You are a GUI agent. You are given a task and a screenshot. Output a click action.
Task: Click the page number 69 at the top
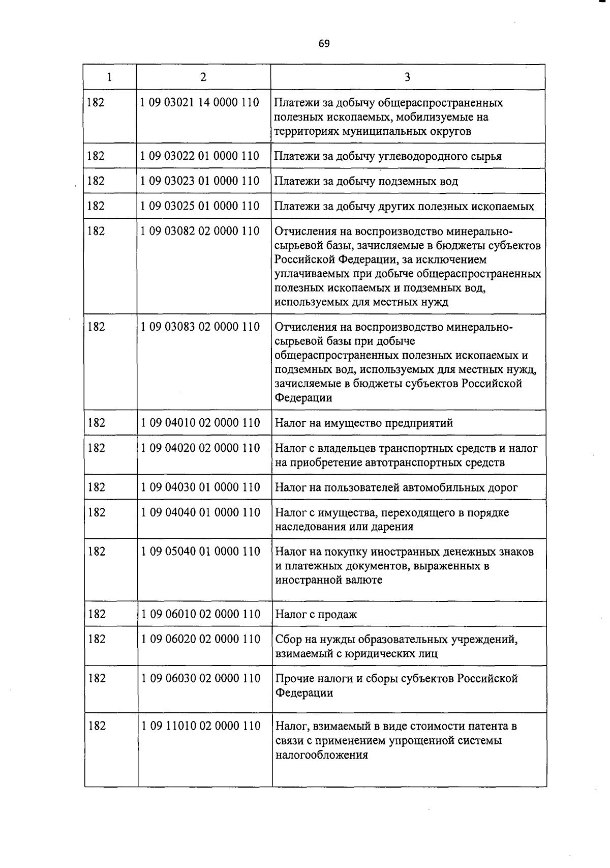(x=324, y=44)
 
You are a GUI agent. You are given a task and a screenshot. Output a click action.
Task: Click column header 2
(x=203, y=77)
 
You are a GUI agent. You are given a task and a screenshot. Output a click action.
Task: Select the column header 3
(x=407, y=77)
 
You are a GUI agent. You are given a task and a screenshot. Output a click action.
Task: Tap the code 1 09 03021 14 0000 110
(x=200, y=102)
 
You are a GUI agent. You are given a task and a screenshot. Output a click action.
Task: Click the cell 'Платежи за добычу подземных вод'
(x=366, y=181)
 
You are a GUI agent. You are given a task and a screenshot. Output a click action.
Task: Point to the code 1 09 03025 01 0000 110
(x=200, y=206)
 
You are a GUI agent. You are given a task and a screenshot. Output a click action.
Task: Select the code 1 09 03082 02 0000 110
(x=200, y=231)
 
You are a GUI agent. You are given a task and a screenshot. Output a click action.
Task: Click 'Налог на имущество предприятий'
(x=364, y=423)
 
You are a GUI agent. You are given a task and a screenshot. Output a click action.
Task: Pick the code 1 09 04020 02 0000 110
(x=200, y=448)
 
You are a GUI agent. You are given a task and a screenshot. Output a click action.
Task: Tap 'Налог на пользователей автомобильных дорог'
(x=396, y=487)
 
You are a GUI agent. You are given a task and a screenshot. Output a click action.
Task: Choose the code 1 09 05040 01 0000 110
(x=200, y=552)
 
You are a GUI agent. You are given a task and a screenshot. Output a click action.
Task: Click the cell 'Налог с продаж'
(x=316, y=614)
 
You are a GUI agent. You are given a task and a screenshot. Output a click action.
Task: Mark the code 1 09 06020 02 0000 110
(x=200, y=639)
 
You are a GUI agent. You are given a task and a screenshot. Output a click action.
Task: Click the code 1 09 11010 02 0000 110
(x=200, y=726)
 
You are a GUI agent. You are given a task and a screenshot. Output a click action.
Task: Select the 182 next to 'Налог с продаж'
(x=97, y=614)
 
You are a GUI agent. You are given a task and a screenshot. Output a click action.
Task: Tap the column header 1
(x=109, y=77)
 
